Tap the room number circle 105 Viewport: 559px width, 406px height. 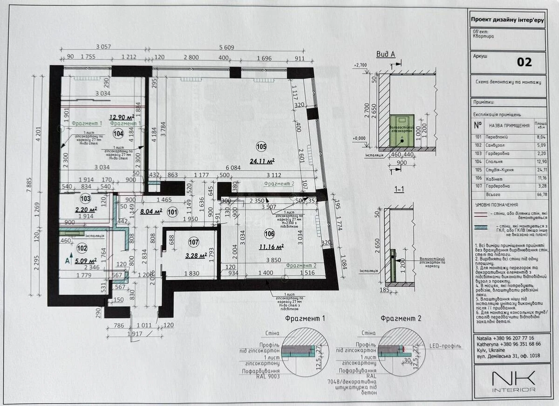261,147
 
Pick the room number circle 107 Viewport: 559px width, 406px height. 194,242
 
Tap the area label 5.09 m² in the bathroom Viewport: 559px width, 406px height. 85,261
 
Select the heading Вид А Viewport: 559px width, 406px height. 385,55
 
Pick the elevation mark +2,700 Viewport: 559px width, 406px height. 361,65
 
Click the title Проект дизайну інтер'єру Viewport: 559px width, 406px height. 507,20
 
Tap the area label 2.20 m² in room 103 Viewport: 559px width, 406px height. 85,210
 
